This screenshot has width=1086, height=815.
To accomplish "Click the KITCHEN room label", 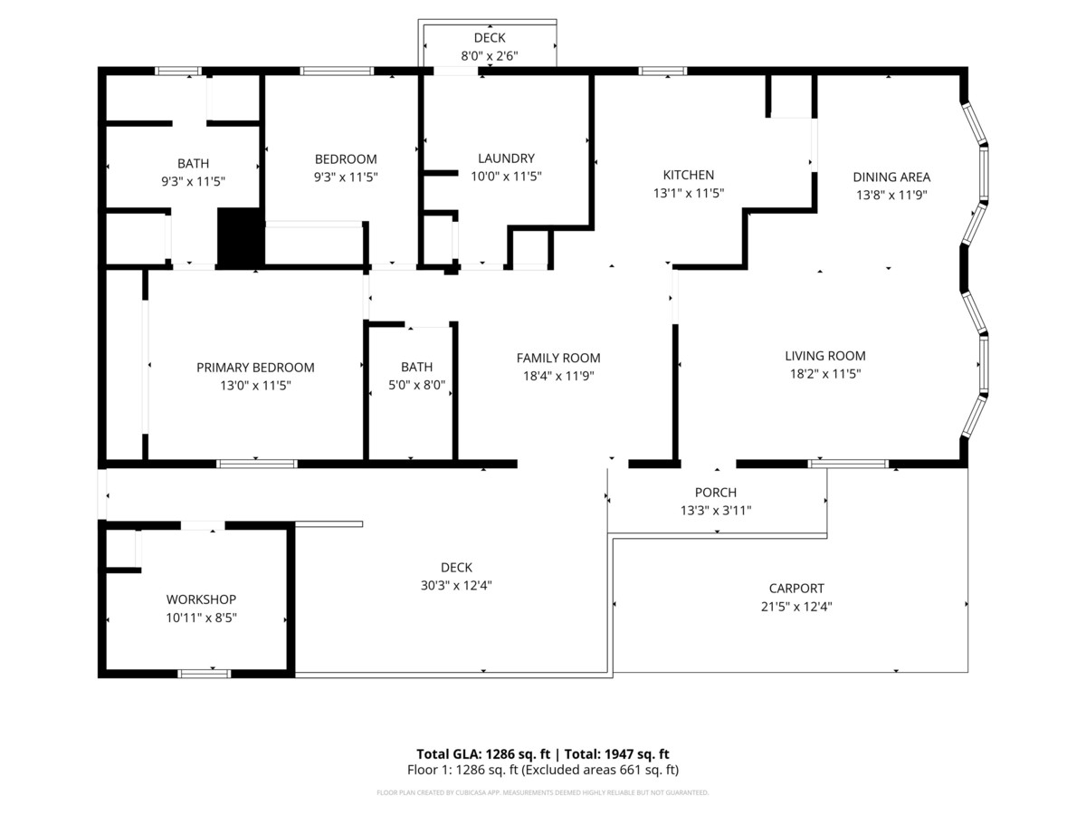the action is coord(688,175).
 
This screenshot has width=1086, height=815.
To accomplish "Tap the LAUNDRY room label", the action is coord(506,158).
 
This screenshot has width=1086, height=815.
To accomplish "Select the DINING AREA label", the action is coord(891,177).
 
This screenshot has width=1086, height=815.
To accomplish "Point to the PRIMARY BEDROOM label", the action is coord(255,368).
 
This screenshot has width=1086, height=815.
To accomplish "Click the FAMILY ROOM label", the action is coord(558,358).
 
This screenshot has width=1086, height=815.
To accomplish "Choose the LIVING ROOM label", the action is coord(825,356).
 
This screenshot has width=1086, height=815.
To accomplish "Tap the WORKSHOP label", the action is coord(201,599).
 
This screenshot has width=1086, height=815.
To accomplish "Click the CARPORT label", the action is coord(796,589).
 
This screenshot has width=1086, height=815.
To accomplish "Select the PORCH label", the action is coord(716,493).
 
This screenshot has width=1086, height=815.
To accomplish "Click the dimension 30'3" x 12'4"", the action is coord(456,585).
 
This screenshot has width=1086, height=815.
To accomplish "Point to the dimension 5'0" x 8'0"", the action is coord(416,385).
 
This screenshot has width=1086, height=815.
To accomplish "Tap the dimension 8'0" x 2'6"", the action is coord(490,56).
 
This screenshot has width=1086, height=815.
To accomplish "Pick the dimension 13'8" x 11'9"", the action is coord(891,195).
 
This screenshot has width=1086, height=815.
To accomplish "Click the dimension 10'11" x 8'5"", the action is coord(201,618).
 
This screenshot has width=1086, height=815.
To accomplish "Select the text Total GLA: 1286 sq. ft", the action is coord(483,754).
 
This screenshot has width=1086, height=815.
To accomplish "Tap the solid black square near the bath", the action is coord(241,238).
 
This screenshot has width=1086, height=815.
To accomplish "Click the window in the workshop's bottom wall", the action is coord(205,674).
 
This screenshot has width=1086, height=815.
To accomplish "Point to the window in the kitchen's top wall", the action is coord(662,72).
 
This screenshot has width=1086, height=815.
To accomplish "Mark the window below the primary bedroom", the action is coord(257,464).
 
